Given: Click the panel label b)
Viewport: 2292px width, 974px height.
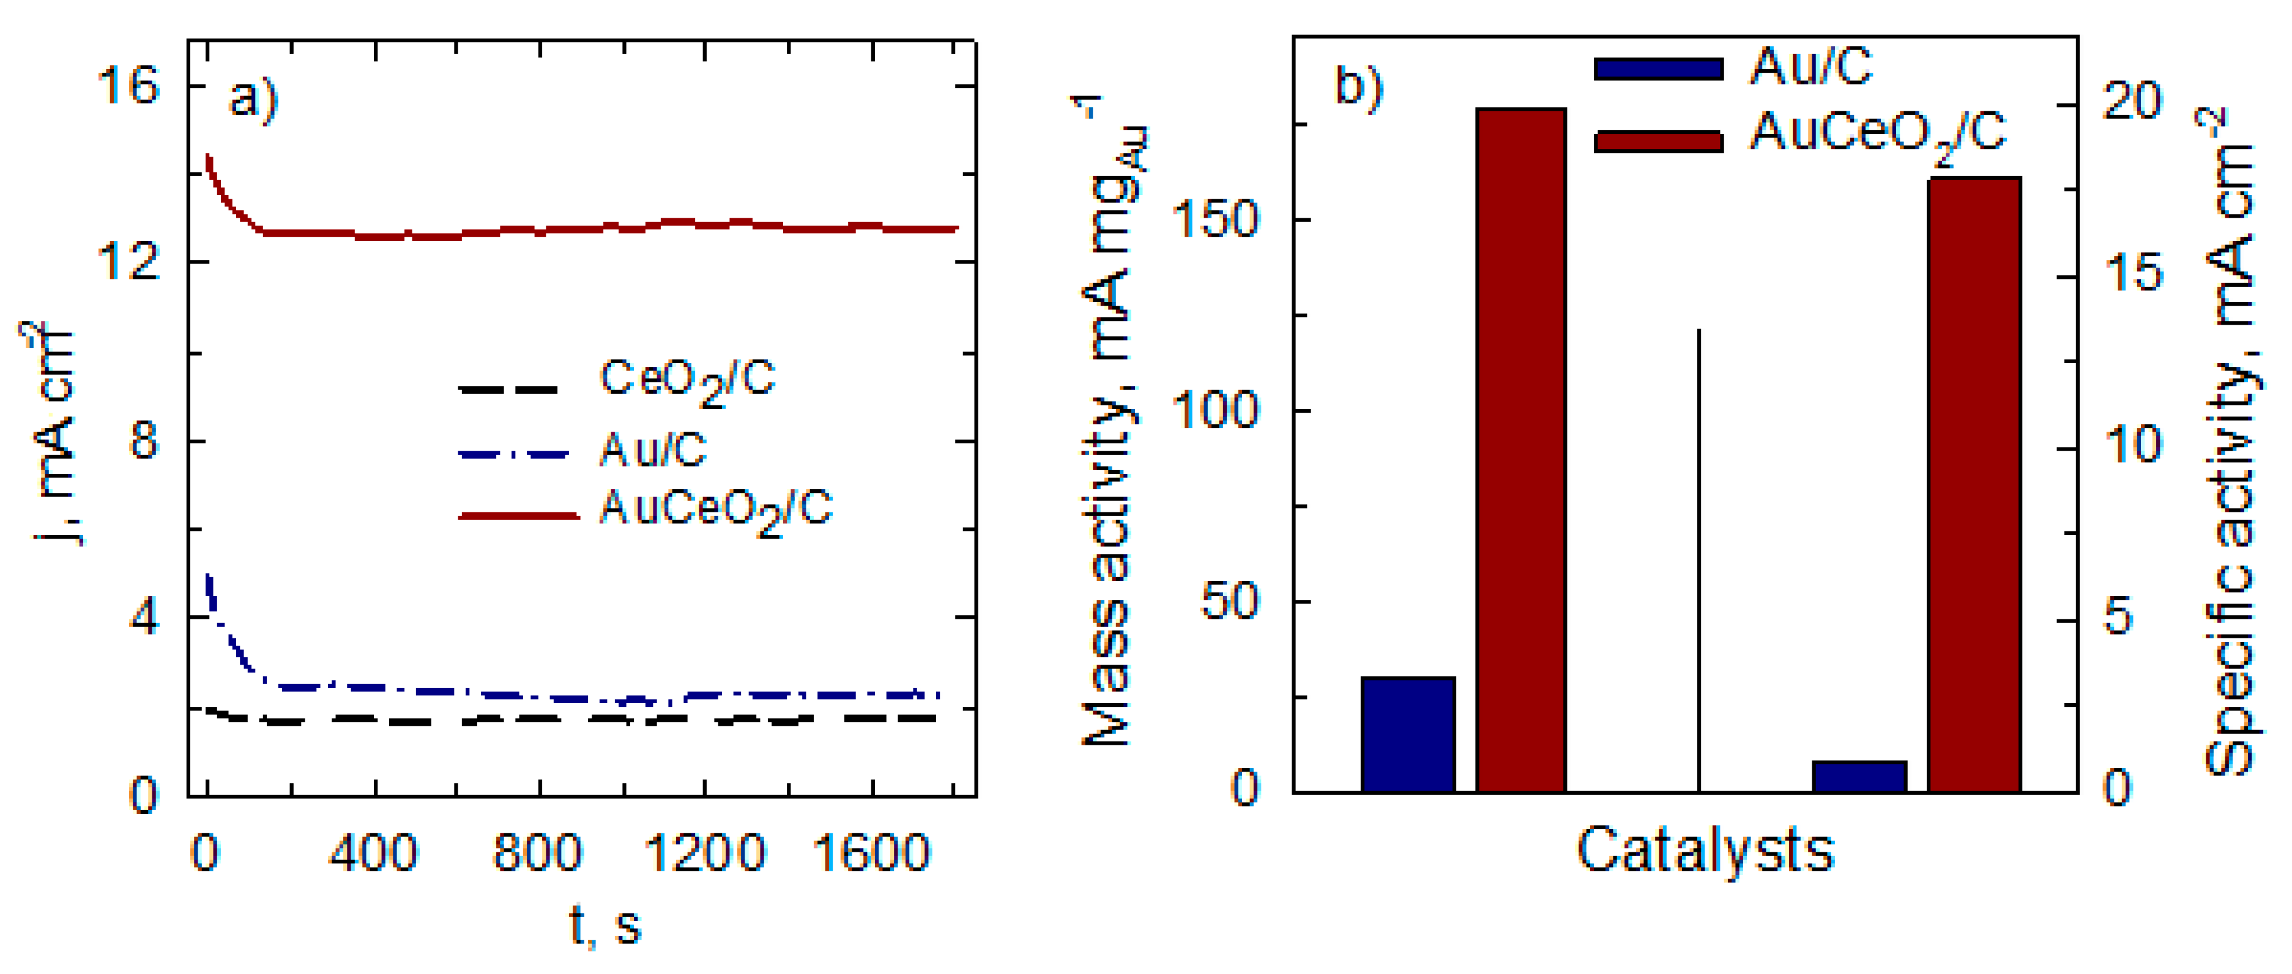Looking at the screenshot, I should tap(1359, 87).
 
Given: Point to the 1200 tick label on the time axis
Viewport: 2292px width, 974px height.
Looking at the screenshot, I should tap(703, 852).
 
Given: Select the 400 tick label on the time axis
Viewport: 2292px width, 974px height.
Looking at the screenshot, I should tap(373, 852).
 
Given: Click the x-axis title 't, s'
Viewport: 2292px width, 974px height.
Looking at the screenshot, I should tap(605, 925).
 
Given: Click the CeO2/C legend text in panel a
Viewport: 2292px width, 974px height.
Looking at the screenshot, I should tap(687, 382).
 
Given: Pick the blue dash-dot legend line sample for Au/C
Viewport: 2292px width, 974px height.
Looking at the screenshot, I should tap(515, 454).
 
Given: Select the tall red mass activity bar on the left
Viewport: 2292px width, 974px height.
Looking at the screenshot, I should tap(1520, 449).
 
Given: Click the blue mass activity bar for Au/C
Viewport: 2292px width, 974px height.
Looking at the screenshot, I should tap(1408, 734).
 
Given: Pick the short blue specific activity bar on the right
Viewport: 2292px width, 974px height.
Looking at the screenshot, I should tap(1859, 776).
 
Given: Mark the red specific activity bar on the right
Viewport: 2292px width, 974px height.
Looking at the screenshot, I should tap(1973, 485).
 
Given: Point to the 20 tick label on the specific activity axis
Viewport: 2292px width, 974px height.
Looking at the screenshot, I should tap(2131, 102).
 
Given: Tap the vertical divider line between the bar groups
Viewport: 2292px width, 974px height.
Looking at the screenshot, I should tap(1700, 561).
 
